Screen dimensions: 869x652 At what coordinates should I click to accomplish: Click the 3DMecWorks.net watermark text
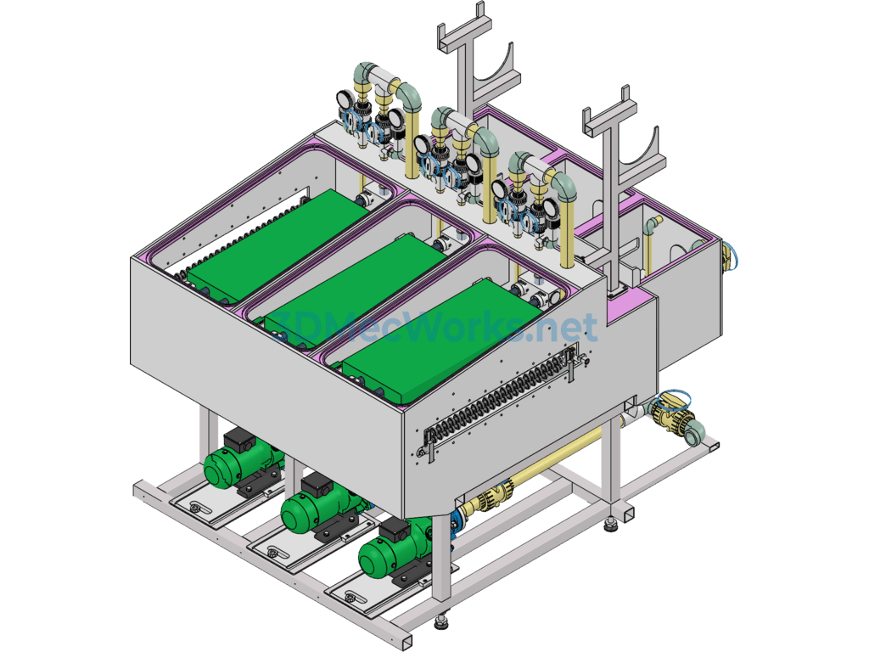point(432,327)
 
